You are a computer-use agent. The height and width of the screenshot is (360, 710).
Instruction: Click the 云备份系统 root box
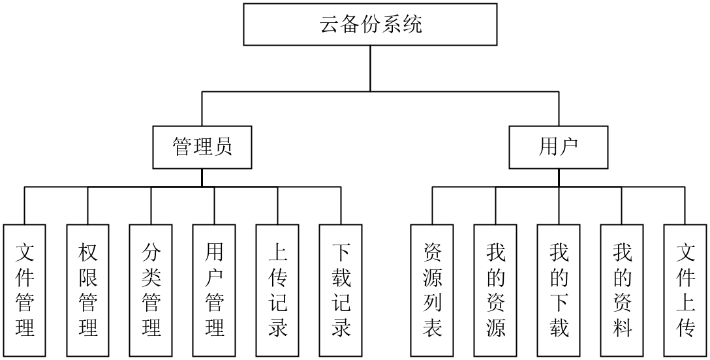click(x=370, y=25)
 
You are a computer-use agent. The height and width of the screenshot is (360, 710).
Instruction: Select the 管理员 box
click(x=202, y=147)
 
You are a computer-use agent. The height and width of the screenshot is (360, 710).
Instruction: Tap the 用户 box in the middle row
click(x=559, y=147)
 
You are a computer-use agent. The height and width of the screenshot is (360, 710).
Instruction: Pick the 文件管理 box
click(x=25, y=290)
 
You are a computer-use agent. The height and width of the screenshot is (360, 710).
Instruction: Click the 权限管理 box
click(x=88, y=290)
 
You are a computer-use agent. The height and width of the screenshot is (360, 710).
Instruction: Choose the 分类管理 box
click(x=151, y=290)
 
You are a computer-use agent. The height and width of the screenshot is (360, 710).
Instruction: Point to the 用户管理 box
click(x=214, y=290)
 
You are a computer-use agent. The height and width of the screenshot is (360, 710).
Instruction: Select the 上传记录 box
click(x=277, y=290)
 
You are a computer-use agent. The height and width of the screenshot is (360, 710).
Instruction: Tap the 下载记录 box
click(x=341, y=290)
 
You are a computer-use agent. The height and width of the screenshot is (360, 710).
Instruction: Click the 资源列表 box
click(x=432, y=290)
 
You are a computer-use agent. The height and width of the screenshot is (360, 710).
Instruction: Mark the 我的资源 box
click(x=495, y=290)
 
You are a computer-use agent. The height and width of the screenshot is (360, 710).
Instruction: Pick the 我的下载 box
click(x=559, y=290)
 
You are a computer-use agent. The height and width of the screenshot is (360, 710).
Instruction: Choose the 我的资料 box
click(x=622, y=290)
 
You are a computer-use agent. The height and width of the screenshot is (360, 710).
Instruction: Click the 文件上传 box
click(x=685, y=290)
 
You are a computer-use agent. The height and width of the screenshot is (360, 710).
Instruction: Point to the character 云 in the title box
click(x=330, y=25)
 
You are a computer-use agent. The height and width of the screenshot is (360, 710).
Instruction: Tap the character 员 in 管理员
click(x=223, y=147)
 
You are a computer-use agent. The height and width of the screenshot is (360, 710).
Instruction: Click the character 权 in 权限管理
click(x=88, y=253)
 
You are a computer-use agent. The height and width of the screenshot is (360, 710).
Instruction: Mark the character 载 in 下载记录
click(x=341, y=278)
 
